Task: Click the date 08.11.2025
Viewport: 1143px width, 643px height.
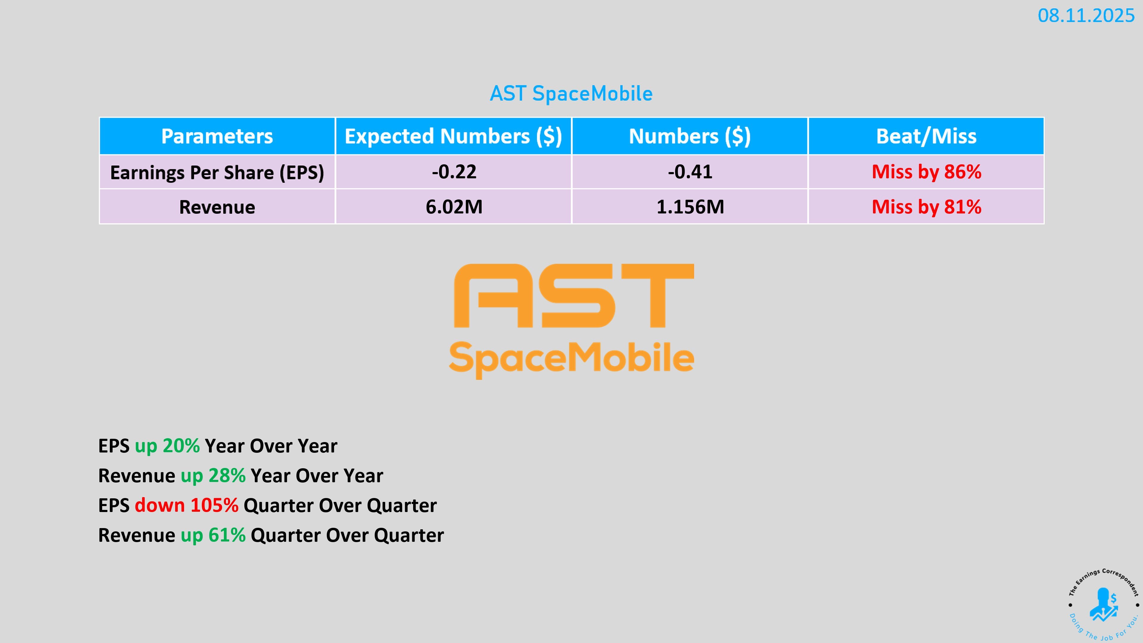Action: click(x=1086, y=16)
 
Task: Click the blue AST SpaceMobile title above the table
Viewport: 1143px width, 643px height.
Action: click(x=571, y=94)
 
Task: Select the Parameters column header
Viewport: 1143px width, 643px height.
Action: click(x=217, y=136)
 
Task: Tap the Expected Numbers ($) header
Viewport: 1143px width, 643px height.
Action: click(x=453, y=136)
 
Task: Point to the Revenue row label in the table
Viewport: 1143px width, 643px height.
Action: click(x=217, y=207)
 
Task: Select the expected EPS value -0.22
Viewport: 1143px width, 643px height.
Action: click(x=454, y=172)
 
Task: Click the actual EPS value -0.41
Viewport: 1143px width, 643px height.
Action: click(x=690, y=172)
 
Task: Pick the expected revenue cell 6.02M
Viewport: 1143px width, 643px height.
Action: click(x=454, y=207)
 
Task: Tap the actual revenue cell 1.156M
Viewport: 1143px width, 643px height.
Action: click(x=690, y=207)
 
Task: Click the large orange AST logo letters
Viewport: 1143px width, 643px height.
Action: click(x=574, y=296)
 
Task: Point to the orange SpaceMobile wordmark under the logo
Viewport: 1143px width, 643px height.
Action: click(x=571, y=359)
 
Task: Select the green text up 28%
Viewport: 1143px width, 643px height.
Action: click(x=213, y=476)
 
